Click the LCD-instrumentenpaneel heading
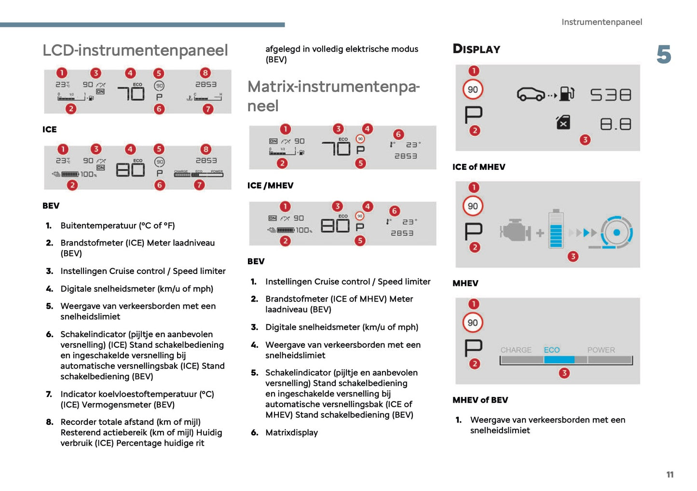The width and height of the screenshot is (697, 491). coord(135,50)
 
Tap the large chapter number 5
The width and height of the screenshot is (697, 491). coord(663,55)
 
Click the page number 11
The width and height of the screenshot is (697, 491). coord(670,475)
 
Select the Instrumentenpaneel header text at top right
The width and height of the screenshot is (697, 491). coord(601,22)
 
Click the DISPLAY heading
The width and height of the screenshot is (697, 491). coord(476,49)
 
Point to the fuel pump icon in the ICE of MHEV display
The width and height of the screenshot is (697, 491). coord(567,94)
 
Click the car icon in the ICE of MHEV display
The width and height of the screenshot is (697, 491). coord(531,94)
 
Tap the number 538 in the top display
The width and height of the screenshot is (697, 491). coord(611,95)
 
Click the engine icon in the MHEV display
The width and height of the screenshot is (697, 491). coord(515,231)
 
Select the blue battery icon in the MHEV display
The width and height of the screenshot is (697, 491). coord(556,230)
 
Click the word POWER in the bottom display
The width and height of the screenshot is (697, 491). coord(601,350)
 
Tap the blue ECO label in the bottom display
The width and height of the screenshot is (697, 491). coord(552,350)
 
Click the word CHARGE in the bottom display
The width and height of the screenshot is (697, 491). coord(516,350)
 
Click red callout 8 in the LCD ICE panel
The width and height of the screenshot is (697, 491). coord(205,73)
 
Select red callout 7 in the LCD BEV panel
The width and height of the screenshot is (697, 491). coord(199,185)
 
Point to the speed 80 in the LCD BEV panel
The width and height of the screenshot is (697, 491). coord(130,169)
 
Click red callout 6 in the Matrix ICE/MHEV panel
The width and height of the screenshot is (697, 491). coord(398,135)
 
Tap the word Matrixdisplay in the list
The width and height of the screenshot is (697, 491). coord(291,433)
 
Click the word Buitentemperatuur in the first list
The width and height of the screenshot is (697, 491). coord(98,226)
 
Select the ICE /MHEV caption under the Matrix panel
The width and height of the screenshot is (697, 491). coord(270,186)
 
